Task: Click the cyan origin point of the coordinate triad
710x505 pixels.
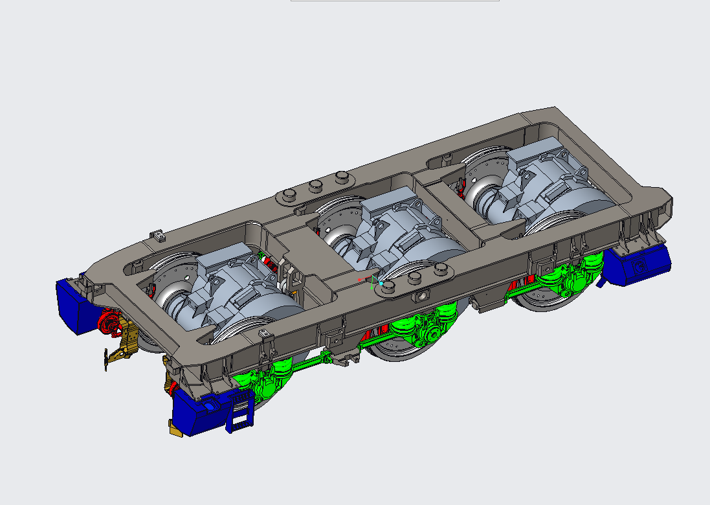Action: coord(382,283)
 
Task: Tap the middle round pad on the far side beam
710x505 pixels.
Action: coord(316,186)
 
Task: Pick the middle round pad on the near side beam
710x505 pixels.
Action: coord(415,278)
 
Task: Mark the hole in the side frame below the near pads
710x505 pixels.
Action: coord(423,297)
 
